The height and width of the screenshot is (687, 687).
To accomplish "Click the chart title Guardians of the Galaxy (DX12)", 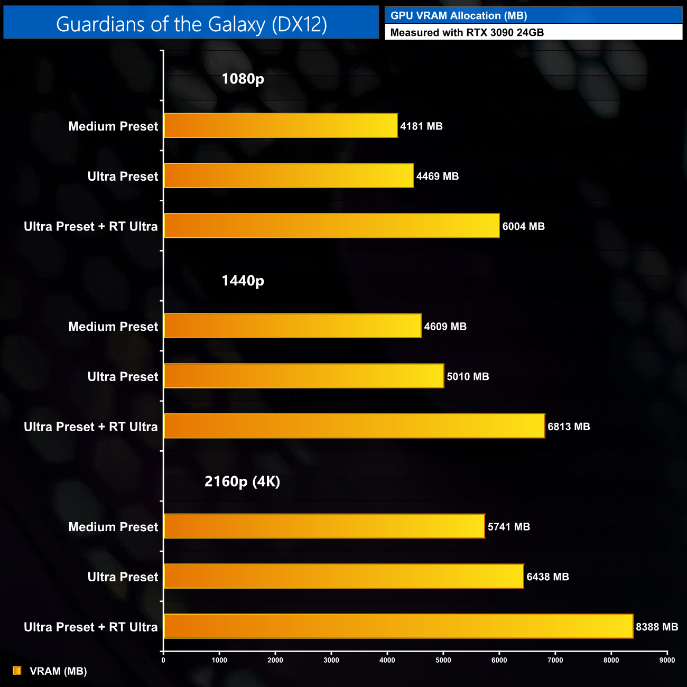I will point(191,24).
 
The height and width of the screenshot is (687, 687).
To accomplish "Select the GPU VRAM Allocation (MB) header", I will point(458,16).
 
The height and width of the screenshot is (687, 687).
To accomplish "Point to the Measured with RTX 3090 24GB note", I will point(467,33).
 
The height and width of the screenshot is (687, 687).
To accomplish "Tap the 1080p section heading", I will point(243,79).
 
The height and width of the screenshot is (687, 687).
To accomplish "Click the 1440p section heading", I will point(243,281).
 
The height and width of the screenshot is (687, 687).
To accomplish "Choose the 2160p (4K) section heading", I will point(242,481).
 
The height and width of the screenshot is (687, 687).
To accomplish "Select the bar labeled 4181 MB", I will point(281,126).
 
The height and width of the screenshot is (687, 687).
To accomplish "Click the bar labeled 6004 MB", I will point(331,226).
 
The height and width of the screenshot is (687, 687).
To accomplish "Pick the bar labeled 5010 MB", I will point(304,376).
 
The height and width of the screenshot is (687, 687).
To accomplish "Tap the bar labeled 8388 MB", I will point(398,626).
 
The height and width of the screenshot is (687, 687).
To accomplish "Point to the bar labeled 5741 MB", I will point(324,526).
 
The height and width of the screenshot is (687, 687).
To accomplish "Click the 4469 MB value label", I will point(437,177).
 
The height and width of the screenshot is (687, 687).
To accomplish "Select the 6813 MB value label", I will point(569,427).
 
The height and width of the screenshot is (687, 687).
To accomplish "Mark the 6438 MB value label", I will point(547,577).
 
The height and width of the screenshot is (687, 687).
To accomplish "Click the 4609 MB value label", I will point(445,327).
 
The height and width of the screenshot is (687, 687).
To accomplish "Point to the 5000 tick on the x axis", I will point(443,660).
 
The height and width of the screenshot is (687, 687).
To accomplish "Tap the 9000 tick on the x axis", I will point(667,660).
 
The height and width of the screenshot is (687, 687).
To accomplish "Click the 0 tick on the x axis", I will point(163,660).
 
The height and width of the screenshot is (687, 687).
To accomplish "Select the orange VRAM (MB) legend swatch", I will point(17,671).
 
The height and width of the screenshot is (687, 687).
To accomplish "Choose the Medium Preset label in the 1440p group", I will point(113,327).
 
